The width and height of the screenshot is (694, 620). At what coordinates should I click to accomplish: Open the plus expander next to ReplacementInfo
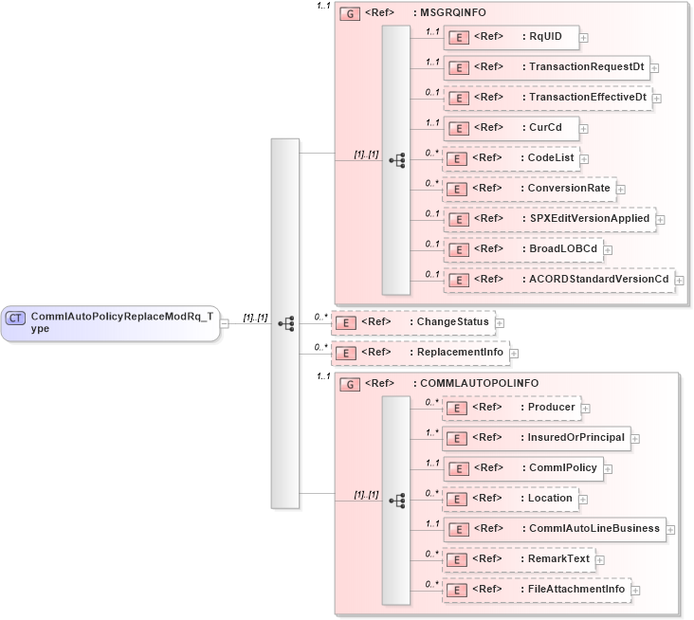(515, 354)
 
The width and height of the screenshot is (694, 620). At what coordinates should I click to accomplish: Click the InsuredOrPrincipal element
(536, 437)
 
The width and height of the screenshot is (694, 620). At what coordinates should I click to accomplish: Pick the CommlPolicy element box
(527, 467)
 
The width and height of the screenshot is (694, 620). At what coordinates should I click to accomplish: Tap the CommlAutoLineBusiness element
(555, 528)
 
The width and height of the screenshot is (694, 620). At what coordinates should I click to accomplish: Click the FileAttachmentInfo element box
(537, 589)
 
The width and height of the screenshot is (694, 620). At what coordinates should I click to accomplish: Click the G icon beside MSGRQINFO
(349, 16)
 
